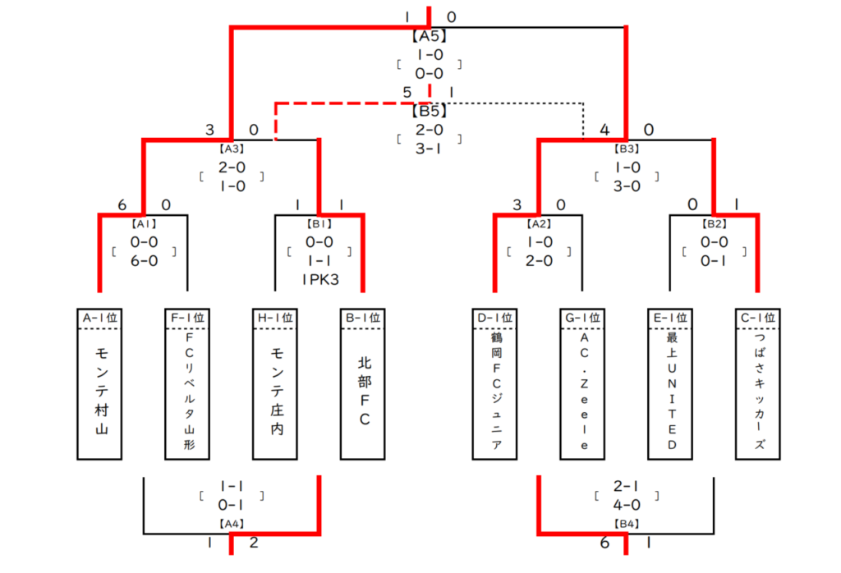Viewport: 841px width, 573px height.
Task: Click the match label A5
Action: click(x=429, y=36)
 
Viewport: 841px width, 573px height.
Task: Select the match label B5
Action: click(x=429, y=111)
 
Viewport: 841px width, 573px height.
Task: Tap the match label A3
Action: click(x=232, y=149)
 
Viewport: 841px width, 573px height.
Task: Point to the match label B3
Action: click(x=627, y=149)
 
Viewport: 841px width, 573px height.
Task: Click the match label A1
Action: click(x=144, y=223)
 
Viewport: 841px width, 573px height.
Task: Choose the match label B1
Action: click(x=319, y=223)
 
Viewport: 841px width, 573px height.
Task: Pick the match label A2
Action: click(x=539, y=223)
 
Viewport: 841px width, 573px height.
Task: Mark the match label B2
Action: click(x=714, y=223)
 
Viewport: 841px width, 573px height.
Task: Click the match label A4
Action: click(x=232, y=524)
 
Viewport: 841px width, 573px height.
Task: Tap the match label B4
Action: click(x=627, y=524)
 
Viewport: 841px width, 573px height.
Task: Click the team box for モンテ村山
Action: click(x=99, y=384)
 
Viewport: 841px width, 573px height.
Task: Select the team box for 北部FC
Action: click(x=362, y=384)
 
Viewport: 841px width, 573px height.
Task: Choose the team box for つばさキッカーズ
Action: click(x=758, y=384)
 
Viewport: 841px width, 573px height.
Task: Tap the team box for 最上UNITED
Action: click(x=670, y=384)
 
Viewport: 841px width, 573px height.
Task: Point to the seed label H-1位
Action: click(x=275, y=318)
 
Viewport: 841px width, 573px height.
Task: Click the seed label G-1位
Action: click(x=582, y=318)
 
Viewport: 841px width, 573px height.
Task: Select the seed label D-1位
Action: click(x=494, y=318)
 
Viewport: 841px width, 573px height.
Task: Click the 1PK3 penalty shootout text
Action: click(x=320, y=280)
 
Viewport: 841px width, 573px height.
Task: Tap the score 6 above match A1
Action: click(x=122, y=204)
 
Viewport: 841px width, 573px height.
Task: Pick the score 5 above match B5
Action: click(x=407, y=92)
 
